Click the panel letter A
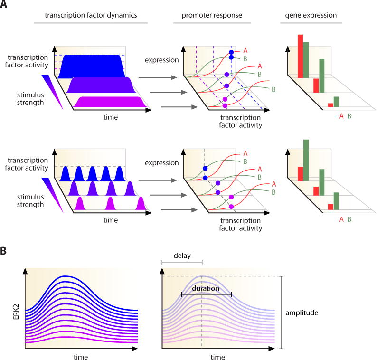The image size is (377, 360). point(4,6)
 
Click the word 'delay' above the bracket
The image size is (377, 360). point(182,256)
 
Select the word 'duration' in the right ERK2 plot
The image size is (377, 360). point(206,288)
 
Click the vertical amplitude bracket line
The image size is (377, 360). point(282,313)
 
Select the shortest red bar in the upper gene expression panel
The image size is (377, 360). point(330,105)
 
